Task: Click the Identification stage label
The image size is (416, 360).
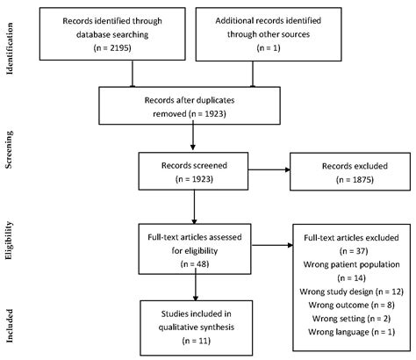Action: click(x=11, y=41)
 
